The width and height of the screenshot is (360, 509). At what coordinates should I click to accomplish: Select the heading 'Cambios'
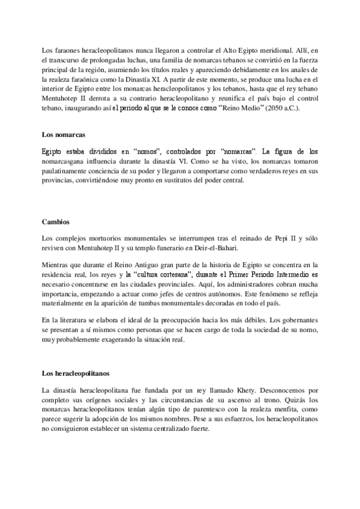tap(53, 221)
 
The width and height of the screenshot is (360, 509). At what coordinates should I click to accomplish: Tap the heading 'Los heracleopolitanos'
tap(76, 373)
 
